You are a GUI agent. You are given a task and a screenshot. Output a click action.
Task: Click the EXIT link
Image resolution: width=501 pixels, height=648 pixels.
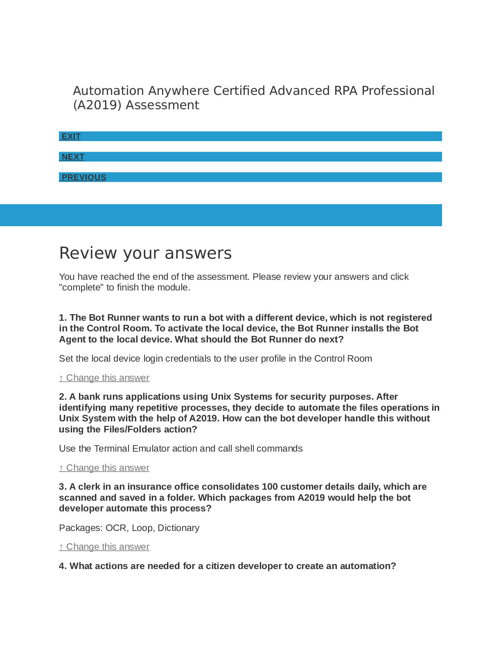pyautogui.click(x=71, y=136)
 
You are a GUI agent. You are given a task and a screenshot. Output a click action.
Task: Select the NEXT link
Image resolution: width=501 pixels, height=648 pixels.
pyautogui.click(x=73, y=157)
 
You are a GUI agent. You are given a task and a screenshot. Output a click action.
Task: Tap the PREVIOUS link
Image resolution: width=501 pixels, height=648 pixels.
pyautogui.click(x=83, y=177)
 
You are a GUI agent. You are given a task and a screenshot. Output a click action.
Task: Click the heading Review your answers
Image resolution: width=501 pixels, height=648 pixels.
pyautogui.click(x=145, y=253)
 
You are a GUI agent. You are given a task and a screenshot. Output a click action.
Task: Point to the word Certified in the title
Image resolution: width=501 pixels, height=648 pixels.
pyautogui.click(x=239, y=90)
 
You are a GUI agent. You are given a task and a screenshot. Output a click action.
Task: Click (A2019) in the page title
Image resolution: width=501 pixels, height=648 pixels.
pyautogui.click(x=97, y=105)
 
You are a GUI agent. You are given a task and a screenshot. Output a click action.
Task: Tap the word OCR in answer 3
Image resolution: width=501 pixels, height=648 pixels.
pyautogui.click(x=116, y=528)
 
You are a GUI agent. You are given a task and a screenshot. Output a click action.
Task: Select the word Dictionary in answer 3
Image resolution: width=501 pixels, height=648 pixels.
pyautogui.click(x=178, y=528)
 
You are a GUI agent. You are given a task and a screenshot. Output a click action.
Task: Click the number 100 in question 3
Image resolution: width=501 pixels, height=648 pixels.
pyautogui.click(x=270, y=486)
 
